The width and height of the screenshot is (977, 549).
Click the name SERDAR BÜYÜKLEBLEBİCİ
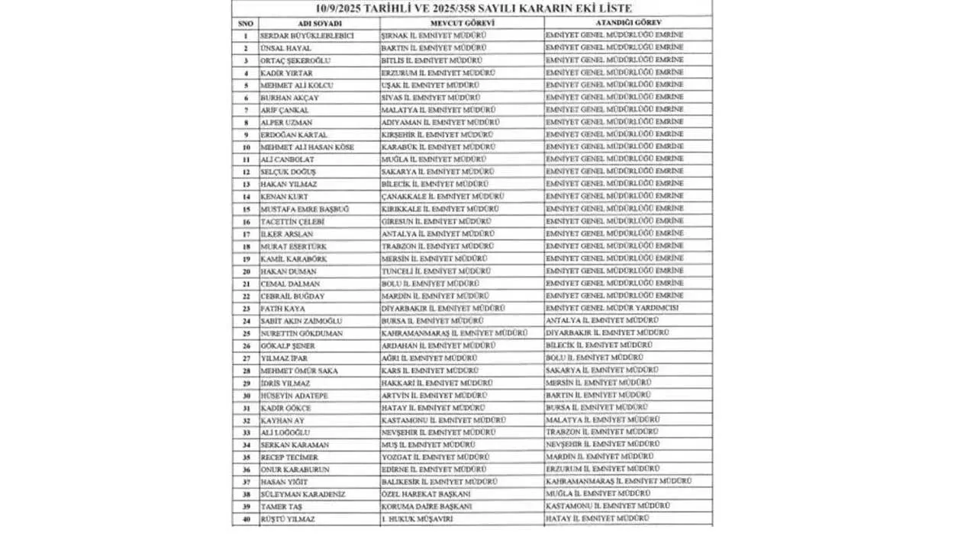coord(307,36)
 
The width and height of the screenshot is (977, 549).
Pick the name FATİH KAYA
coord(283,309)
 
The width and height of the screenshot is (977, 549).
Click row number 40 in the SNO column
coord(246,519)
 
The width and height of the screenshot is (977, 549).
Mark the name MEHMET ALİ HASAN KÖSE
coord(307,147)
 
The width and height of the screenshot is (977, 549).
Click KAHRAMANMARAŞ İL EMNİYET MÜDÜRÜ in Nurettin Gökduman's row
coord(454,333)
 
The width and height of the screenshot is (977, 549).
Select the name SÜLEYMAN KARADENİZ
coord(302,494)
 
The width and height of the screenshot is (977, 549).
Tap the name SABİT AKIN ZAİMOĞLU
coord(301,321)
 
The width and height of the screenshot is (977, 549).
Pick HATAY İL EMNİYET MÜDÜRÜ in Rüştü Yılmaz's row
coord(598,518)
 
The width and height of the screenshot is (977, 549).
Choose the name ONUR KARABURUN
coord(295,470)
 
